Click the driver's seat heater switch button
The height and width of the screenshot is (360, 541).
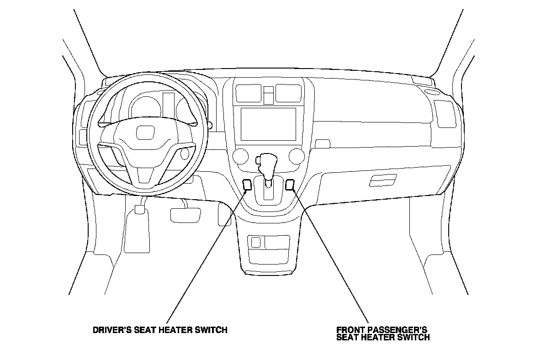[x=247, y=185]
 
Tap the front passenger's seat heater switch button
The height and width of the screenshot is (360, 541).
[x=290, y=185]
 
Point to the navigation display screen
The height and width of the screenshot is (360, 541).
[x=268, y=124]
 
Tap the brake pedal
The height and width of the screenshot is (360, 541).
[x=186, y=214]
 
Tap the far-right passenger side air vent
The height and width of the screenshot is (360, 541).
[x=445, y=114]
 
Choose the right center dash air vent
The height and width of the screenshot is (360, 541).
[x=288, y=93]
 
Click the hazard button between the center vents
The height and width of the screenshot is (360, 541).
[x=269, y=95]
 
